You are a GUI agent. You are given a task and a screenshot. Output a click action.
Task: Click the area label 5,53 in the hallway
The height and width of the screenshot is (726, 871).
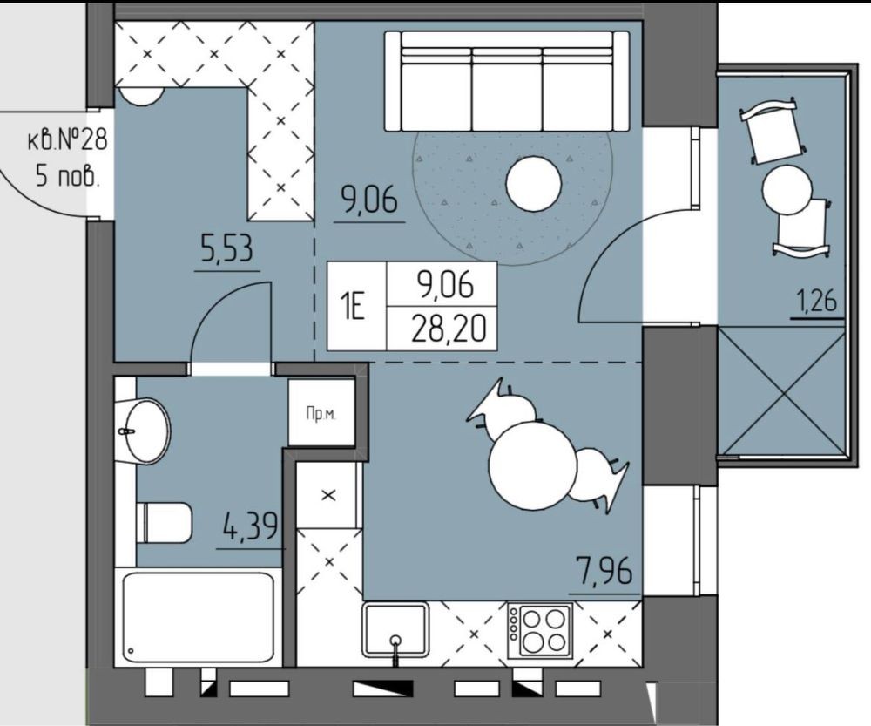[x=227, y=248]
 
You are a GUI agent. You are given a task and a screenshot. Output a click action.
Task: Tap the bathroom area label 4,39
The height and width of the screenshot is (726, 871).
[x=250, y=526]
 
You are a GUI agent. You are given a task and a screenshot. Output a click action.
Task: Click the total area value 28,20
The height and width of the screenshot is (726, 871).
[x=449, y=329]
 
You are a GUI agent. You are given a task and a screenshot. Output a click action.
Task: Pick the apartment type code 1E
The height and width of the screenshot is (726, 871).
[x=354, y=308]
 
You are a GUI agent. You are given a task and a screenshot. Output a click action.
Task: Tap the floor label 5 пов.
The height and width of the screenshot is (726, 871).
[x=68, y=176]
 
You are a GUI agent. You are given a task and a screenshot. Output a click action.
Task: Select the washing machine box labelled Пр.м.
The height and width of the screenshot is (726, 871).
[x=321, y=412]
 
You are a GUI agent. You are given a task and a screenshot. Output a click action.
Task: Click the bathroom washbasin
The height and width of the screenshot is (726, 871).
[x=144, y=431]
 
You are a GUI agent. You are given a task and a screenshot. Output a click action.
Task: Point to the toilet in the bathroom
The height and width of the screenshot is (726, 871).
[x=165, y=523]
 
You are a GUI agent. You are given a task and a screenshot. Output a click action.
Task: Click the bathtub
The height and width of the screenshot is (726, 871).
[x=199, y=618]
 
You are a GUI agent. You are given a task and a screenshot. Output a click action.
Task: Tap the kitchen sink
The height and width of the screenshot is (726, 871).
[x=395, y=630]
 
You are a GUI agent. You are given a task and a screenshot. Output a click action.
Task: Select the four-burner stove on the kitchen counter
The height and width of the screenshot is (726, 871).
[x=539, y=631]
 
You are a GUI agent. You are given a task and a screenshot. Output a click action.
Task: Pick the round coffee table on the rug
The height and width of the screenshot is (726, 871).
[x=533, y=183]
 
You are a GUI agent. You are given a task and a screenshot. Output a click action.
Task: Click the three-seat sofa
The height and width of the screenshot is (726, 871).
[x=507, y=81]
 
